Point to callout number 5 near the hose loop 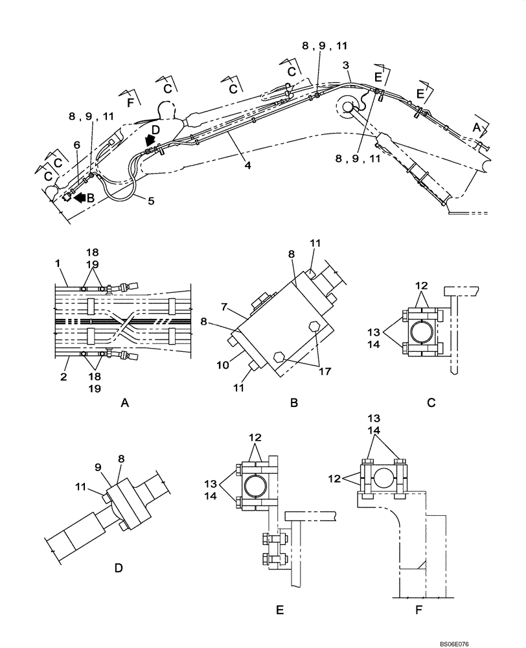click(x=151, y=201)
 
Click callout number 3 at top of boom click(x=347, y=65)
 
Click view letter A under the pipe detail click(x=126, y=402)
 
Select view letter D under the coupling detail click(x=119, y=568)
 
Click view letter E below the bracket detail click(x=280, y=610)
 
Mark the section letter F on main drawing click(x=131, y=102)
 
